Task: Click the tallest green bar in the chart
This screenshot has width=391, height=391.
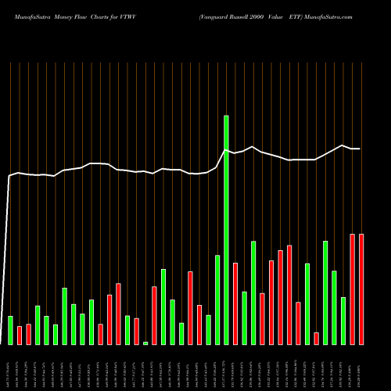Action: pos(226,230)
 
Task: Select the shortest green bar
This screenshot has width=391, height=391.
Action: pos(145,343)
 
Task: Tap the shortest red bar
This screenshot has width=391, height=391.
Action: pos(316,338)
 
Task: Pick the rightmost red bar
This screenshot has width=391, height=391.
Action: pos(361,289)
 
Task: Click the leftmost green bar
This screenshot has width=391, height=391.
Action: pos(10,330)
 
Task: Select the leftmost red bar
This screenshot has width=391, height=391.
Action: pos(20,335)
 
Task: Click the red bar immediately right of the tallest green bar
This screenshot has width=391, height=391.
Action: pos(235,303)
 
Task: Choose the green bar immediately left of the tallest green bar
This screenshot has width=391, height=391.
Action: pos(217,300)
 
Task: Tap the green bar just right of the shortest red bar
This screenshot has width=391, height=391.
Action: pos(325,292)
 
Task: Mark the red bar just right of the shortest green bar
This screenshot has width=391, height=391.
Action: pos(154,315)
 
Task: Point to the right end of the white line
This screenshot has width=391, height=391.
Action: pos(360,149)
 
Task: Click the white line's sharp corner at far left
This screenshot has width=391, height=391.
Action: pos(9,177)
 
